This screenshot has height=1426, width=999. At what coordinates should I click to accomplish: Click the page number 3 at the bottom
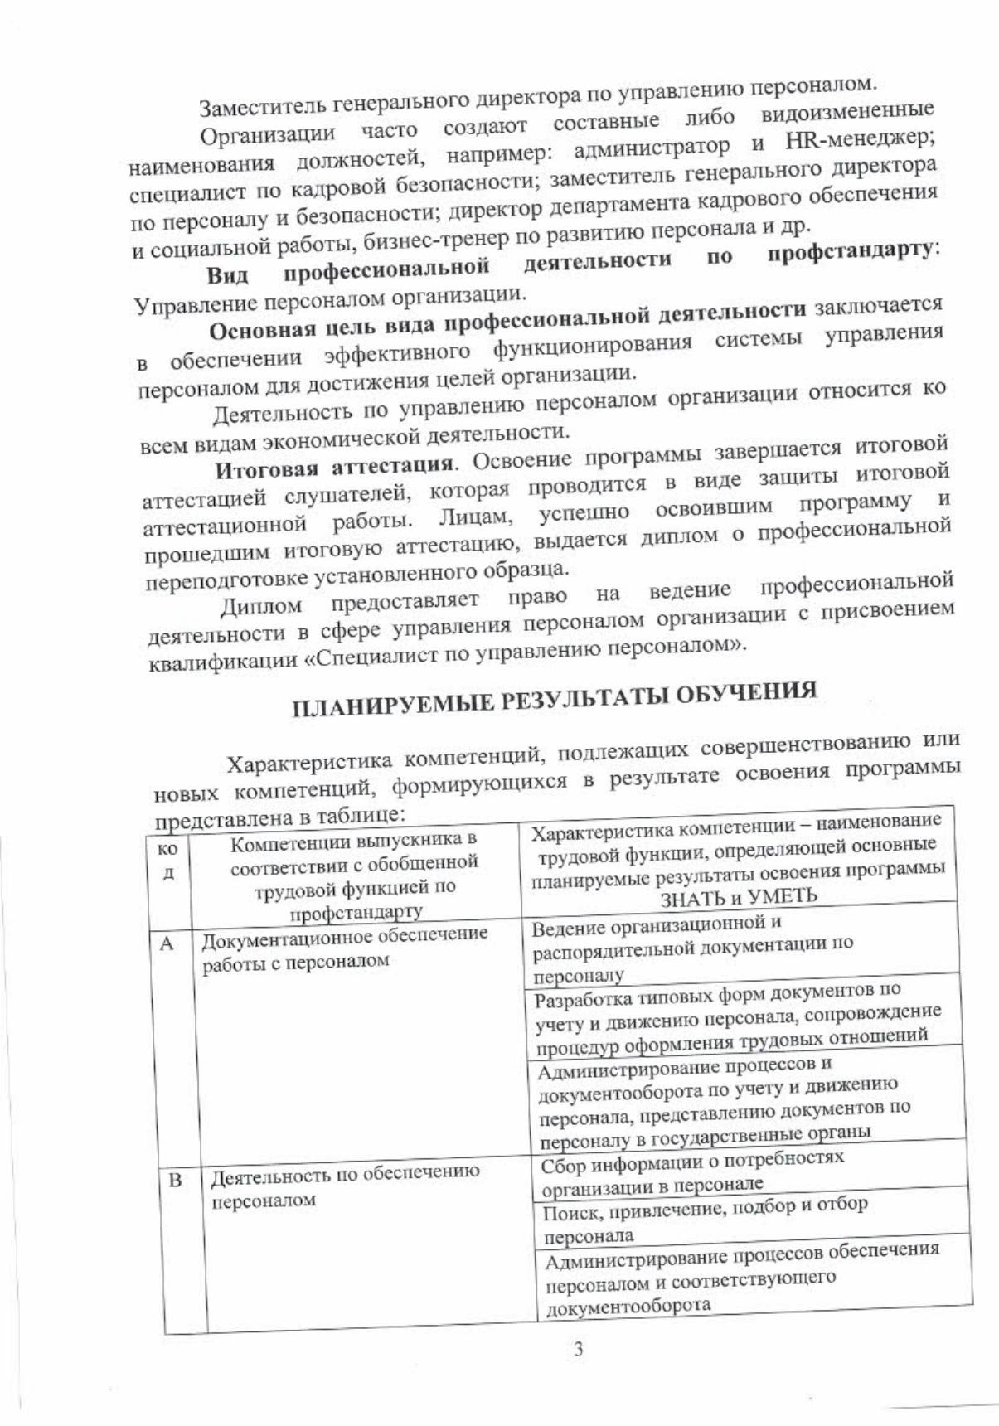coord(578,1348)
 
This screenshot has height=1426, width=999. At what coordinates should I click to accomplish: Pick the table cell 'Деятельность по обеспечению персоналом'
coord(346,1186)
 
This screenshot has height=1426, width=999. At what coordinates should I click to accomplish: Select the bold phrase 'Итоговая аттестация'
coord(334,468)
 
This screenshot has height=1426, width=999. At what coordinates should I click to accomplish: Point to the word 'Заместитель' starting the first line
coord(259,108)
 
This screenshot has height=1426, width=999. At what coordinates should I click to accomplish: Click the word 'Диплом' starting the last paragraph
coord(261,608)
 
